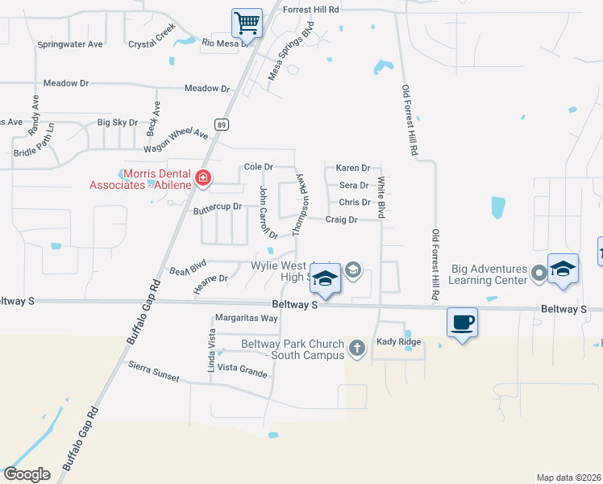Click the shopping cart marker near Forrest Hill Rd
247,23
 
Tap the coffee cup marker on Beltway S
462,323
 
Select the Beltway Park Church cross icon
357,348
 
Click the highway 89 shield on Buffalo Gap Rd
222,124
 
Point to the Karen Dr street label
352,169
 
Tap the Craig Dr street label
341,219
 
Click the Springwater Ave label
70,44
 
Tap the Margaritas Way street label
246,319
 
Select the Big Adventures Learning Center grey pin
539,277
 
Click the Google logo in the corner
27,474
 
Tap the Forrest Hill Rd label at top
311,8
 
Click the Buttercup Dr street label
218,207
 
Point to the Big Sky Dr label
118,123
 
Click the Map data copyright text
568,477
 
